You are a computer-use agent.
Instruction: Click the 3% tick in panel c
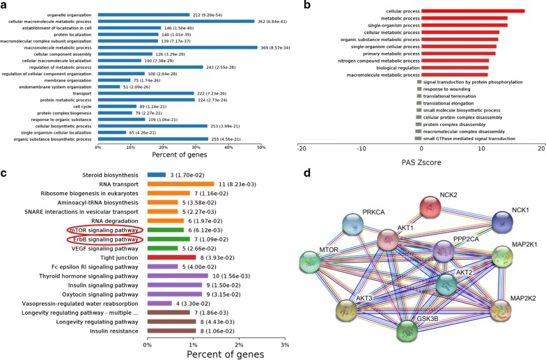pos(284,346)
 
